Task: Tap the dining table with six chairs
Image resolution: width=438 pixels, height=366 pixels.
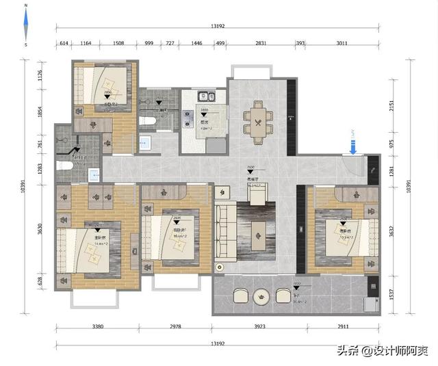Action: pos(258,124)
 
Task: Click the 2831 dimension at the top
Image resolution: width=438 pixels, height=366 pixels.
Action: pos(261,43)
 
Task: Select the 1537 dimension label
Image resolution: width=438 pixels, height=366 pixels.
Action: pos(391,294)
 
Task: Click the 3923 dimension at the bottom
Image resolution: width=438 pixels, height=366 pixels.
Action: pos(260,327)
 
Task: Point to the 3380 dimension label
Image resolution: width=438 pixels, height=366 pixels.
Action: pos(98,327)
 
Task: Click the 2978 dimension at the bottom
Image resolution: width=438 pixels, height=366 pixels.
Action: pos(175,327)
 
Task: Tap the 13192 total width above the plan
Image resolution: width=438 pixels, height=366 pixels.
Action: pos(218,27)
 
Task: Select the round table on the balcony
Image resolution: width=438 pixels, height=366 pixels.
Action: pos(262,296)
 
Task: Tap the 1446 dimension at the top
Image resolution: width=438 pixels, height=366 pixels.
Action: pos(196,43)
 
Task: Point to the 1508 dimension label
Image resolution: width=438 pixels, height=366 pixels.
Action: pos(118,43)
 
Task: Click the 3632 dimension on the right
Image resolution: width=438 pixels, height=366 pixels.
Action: pos(391,232)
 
